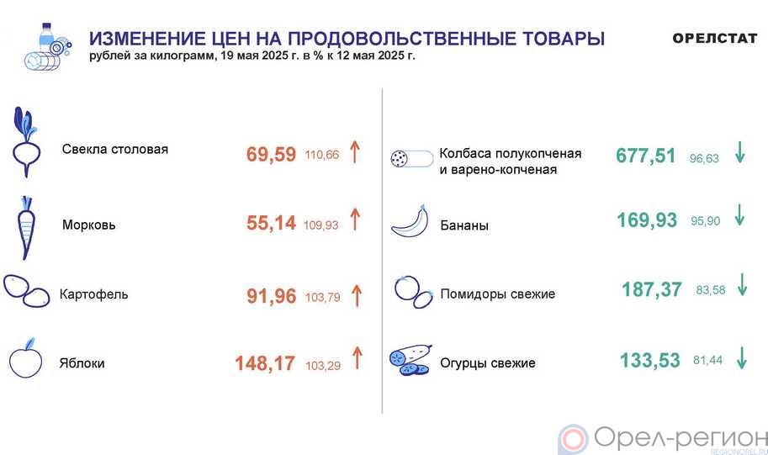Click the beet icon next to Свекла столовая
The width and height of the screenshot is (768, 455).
coord(25,142)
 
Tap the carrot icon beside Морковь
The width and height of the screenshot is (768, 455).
coord(26,228)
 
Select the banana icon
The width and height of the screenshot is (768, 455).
coord(410,222)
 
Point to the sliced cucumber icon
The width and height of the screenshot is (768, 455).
coord(411,360)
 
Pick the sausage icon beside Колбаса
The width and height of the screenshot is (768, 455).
coord(412,159)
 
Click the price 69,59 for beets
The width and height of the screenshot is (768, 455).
coord(272,154)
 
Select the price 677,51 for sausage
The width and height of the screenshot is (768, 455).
coord(645,156)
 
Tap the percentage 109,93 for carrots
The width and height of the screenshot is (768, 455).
coord(320,225)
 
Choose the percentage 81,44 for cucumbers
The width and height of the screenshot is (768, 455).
coord(707,361)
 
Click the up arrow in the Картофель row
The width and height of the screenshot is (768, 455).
coord(357,296)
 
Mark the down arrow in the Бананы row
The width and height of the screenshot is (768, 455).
coord(739,215)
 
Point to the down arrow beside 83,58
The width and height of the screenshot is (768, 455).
coord(743,284)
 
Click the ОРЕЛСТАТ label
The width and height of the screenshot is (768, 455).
coord(715,38)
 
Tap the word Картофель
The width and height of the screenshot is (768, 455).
coord(93,294)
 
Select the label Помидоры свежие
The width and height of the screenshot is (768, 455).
coord(498,294)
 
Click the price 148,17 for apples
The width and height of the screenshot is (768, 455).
coord(265,363)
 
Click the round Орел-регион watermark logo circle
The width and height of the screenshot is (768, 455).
coord(573,439)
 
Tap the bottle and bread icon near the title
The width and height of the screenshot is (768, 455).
coord(47,47)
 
